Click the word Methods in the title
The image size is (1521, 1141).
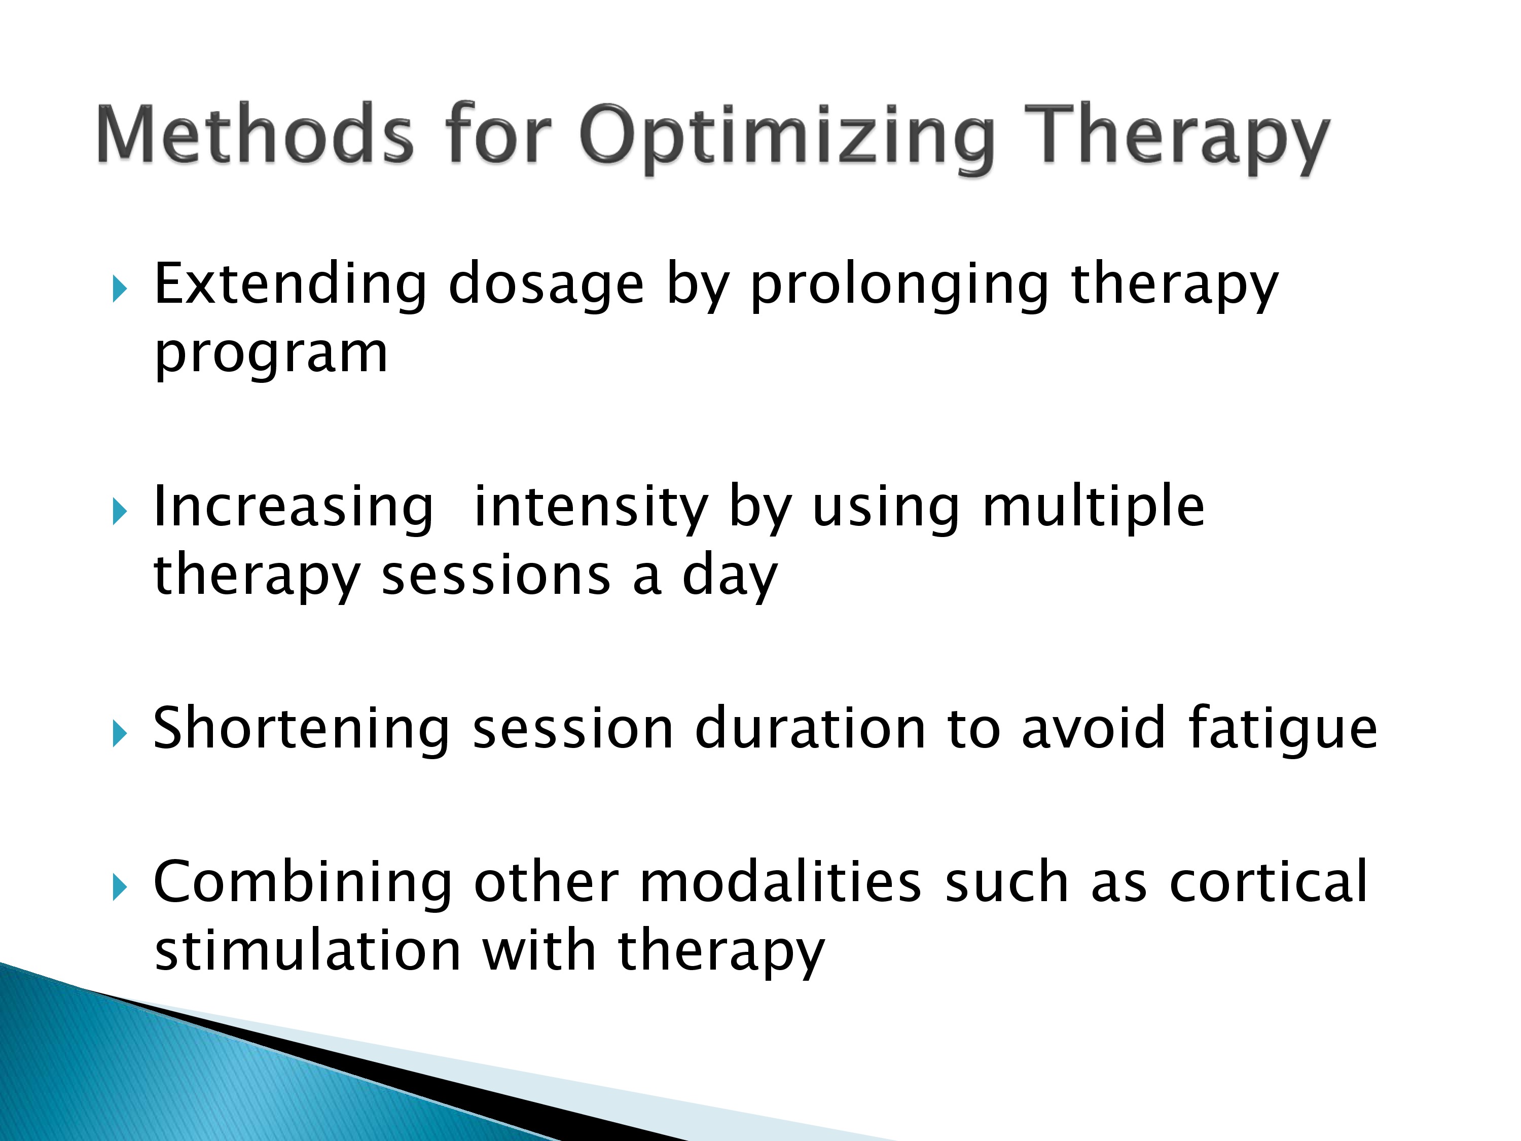tap(255, 133)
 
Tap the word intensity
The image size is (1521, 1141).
tap(591, 508)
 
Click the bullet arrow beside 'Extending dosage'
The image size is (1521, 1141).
tap(120, 290)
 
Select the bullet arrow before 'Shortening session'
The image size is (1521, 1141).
tap(120, 734)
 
